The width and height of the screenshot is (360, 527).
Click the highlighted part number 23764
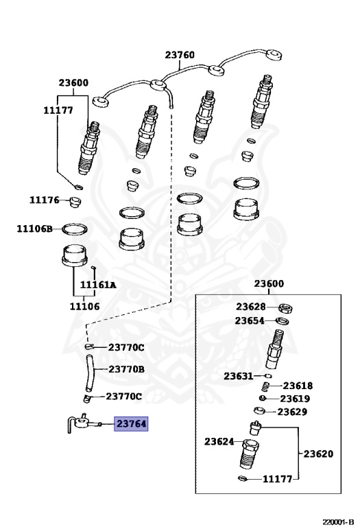point(131,424)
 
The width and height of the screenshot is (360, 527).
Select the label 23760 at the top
point(180,56)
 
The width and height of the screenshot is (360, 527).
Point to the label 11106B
point(35,229)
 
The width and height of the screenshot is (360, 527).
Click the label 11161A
point(98,285)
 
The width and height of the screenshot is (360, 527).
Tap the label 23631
point(238,375)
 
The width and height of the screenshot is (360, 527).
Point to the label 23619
point(295,399)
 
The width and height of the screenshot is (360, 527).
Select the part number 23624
point(219,442)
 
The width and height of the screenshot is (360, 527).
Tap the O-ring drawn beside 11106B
point(75,228)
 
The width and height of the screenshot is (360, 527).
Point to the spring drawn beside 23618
point(267,386)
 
